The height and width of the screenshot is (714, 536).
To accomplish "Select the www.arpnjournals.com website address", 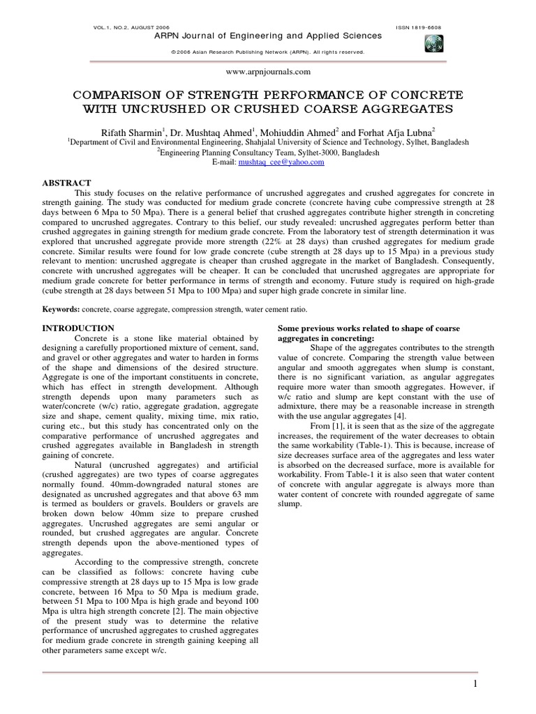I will pyautogui.click(x=268, y=71).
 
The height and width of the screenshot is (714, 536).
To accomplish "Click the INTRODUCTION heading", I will pyautogui.click(x=78, y=328).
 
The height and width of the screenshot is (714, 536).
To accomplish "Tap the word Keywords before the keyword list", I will pyautogui.click(x=61, y=308).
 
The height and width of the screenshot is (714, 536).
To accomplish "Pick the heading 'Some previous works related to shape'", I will pyautogui.click(x=368, y=328).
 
